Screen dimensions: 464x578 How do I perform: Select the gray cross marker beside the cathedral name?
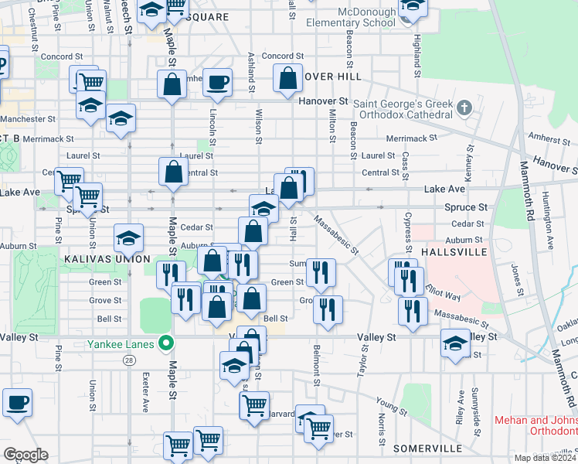pyautogui.click(x=464, y=107)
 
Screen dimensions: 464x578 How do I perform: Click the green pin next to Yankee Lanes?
pyautogui.click(x=165, y=343)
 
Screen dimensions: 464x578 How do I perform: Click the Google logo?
pyautogui.click(x=25, y=455)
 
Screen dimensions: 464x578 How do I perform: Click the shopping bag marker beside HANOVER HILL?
pyautogui.click(x=287, y=78)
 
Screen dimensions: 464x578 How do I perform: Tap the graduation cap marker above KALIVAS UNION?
pyautogui.click(x=128, y=237)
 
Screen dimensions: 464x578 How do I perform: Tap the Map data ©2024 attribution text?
pyautogui.click(x=543, y=457)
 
